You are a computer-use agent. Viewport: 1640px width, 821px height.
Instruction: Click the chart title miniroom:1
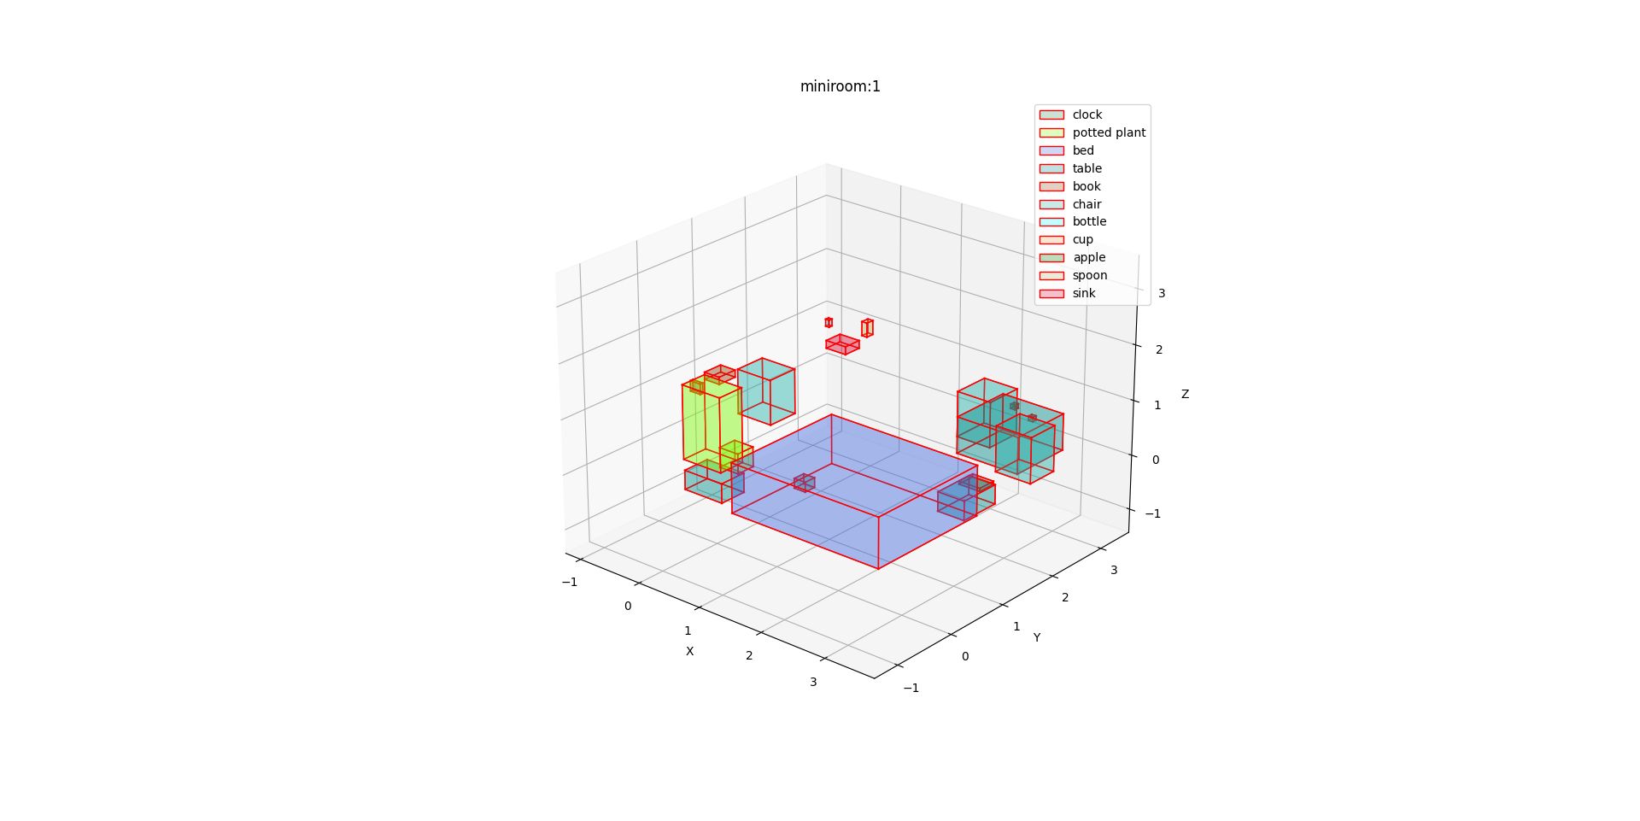840,86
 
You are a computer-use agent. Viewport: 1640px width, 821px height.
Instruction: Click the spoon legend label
1090,275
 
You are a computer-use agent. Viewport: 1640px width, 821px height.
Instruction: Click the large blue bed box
854,491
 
